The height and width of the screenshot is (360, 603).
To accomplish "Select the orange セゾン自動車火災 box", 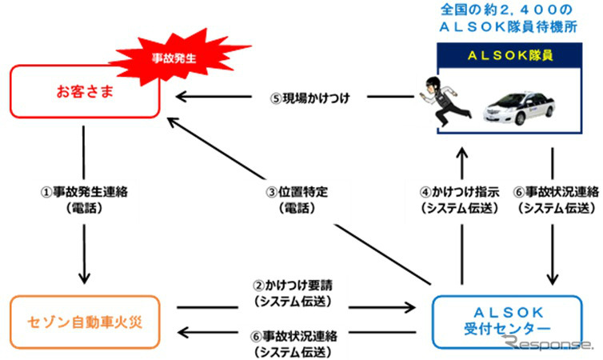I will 84,321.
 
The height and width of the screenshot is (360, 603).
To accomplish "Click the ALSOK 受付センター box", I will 512,321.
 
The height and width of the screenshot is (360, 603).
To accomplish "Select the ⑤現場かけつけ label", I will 312,98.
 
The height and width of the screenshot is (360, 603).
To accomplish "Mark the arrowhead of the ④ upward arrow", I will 461,152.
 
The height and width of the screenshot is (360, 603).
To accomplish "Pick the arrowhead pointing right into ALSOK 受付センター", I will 412,306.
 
